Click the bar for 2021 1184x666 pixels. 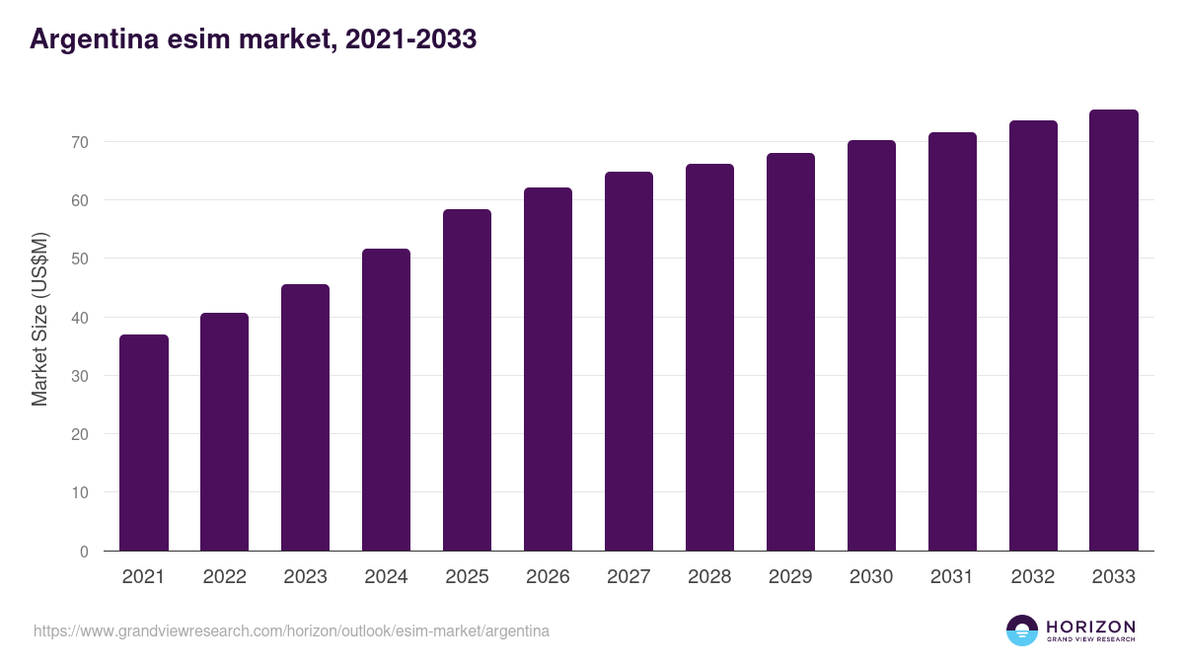144,443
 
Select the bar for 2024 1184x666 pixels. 386,400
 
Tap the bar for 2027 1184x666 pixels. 629,361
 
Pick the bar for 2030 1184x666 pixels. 871,345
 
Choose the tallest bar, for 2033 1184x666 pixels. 1114,331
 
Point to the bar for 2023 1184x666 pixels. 305,417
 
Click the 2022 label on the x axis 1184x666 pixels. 225,577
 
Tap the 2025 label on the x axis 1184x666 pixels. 467,577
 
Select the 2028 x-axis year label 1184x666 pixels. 709,577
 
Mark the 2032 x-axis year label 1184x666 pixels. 1033,577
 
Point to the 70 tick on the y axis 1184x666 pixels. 80,142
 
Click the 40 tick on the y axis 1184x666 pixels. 80,318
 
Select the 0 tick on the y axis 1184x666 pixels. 84,552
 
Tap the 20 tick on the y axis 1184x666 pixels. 80,434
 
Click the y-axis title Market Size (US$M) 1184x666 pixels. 39,318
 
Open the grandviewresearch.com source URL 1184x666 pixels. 291,630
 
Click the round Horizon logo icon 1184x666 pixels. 1022,630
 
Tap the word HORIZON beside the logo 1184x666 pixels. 1090,626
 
